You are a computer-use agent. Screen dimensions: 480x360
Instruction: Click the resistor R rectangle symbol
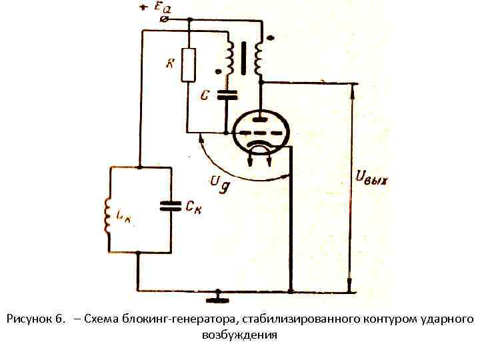pos(189,65)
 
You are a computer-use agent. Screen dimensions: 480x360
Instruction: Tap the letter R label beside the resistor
pos(170,64)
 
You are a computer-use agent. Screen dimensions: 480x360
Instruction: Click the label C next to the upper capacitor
pos(206,95)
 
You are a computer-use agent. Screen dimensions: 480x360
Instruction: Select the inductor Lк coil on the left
pos(108,215)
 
